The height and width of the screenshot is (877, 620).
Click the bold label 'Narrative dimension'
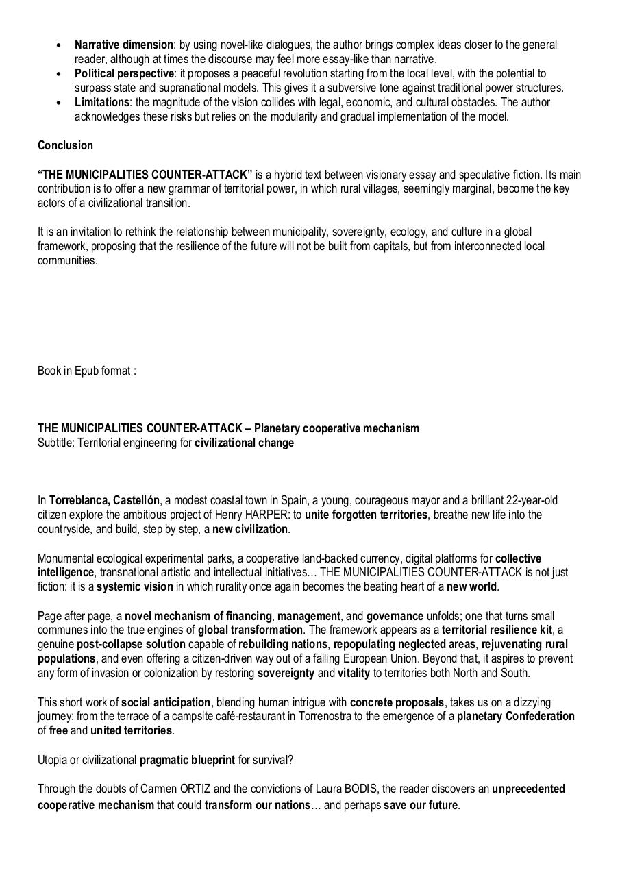(x=123, y=45)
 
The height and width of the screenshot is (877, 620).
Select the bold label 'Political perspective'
(x=125, y=73)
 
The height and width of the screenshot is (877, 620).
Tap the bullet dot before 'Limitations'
(x=60, y=103)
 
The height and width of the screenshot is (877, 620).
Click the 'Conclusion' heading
(x=65, y=145)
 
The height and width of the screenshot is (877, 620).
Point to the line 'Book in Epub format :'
(x=86, y=371)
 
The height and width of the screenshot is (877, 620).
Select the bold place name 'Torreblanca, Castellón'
(x=104, y=500)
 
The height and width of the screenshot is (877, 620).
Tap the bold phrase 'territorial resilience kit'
(x=497, y=630)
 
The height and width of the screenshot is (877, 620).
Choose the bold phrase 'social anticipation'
(x=166, y=702)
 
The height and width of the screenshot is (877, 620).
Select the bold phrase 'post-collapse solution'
(x=131, y=644)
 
